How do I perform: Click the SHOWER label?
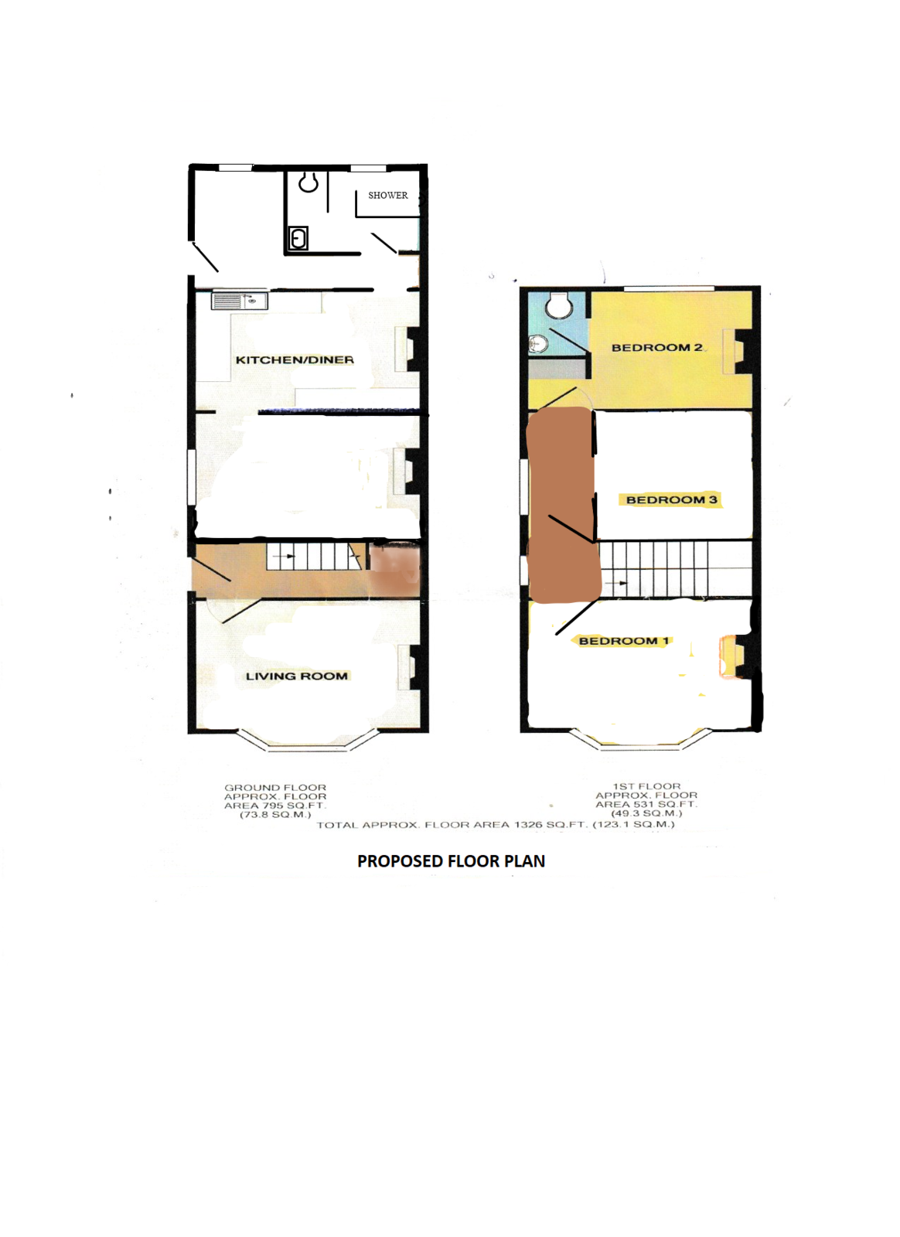(x=387, y=196)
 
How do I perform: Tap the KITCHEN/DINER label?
(x=295, y=360)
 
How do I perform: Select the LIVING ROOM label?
(x=296, y=676)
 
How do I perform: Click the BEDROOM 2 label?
(x=656, y=348)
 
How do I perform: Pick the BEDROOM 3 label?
(x=671, y=500)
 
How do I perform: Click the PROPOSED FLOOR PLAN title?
(x=451, y=861)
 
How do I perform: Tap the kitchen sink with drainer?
(x=239, y=301)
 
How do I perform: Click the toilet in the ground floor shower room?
(x=309, y=182)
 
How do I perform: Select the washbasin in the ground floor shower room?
(x=298, y=239)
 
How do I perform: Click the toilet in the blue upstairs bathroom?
(x=558, y=305)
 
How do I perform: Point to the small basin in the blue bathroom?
(x=538, y=343)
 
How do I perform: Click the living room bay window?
(x=308, y=742)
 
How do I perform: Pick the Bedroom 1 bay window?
(x=640, y=742)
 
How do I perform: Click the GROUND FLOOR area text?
(x=275, y=801)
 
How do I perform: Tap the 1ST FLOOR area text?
(x=646, y=799)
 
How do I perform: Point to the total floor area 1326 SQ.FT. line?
(x=496, y=825)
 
